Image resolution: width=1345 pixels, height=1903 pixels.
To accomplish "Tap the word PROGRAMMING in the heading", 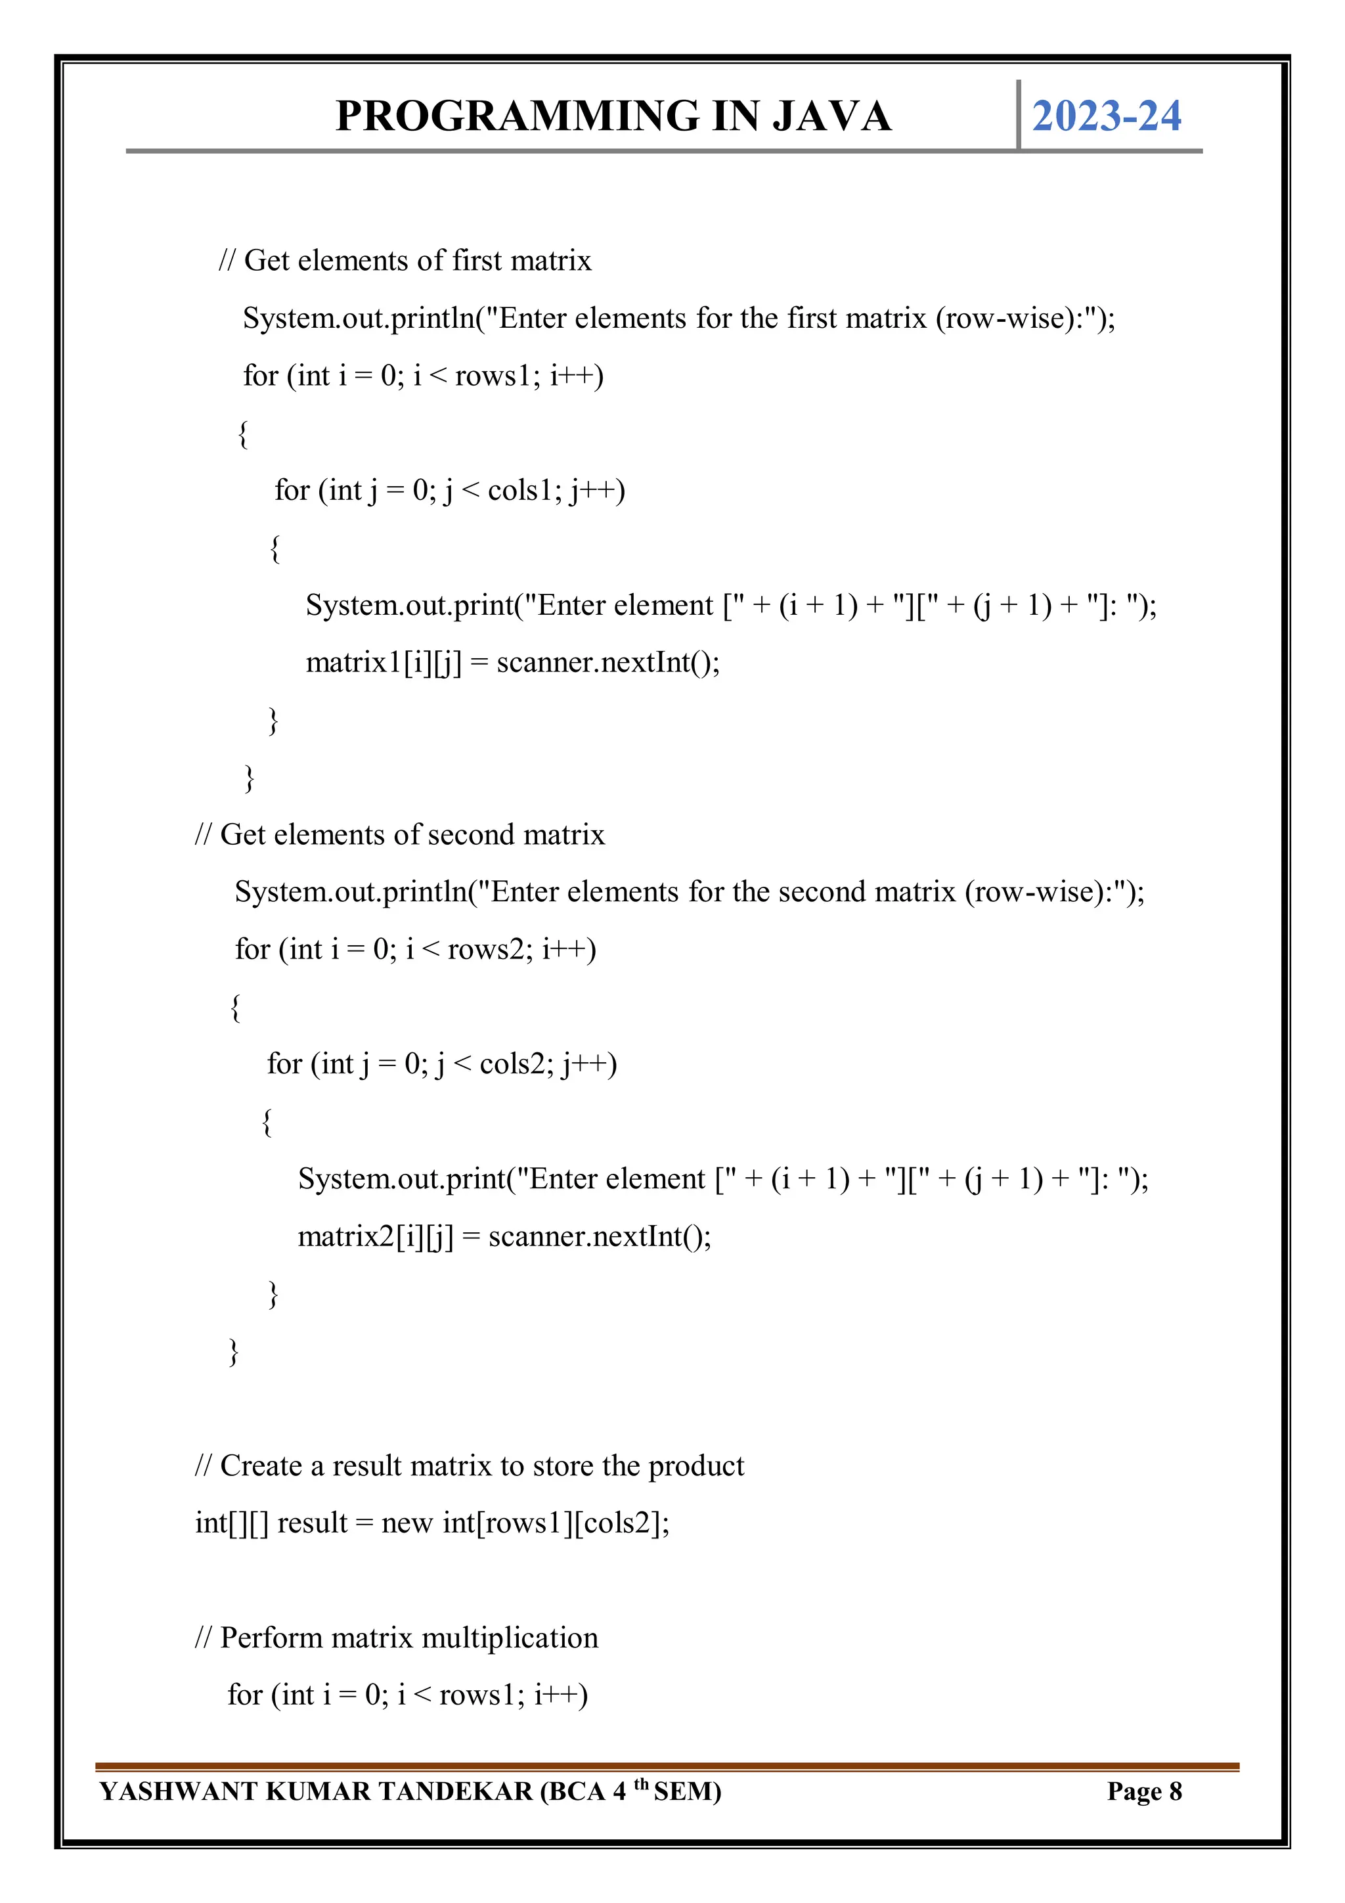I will click(x=518, y=116).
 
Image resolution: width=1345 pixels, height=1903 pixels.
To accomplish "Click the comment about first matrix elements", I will click(x=405, y=261).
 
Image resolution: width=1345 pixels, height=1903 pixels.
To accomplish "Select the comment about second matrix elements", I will click(x=399, y=835).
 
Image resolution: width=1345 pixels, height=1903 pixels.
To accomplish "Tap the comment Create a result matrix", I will click(x=469, y=1466).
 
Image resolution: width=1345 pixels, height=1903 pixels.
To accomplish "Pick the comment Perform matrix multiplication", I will click(x=396, y=1638).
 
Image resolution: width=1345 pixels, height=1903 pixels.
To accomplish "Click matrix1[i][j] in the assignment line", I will click(x=384, y=662).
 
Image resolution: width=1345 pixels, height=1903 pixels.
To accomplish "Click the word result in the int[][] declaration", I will click(x=313, y=1523).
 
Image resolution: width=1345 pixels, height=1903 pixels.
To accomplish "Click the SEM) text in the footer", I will click(x=687, y=1792).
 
